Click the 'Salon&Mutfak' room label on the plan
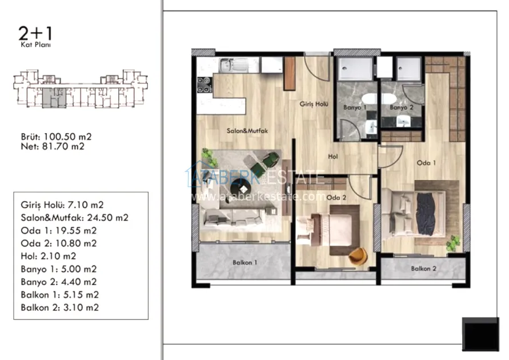click(x=247, y=131)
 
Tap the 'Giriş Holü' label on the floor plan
click(x=314, y=104)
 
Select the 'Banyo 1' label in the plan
click(x=355, y=107)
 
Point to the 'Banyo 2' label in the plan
click(x=401, y=107)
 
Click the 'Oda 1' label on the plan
click(x=426, y=163)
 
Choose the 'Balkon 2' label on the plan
click(x=424, y=269)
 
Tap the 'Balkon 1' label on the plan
click(x=245, y=262)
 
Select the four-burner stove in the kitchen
click(x=205, y=85)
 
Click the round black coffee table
click(x=241, y=189)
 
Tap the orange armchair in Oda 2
click(x=358, y=256)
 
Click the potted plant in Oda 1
click(x=453, y=243)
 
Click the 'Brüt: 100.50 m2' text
click(x=56, y=137)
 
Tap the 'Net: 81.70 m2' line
click(x=53, y=146)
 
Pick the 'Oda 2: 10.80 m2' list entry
click(x=59, y=243)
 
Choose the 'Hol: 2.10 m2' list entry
click(x=49, y=256)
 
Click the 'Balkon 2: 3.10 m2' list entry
click(x=60, y=307)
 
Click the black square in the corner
click(x=480, y=334)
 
